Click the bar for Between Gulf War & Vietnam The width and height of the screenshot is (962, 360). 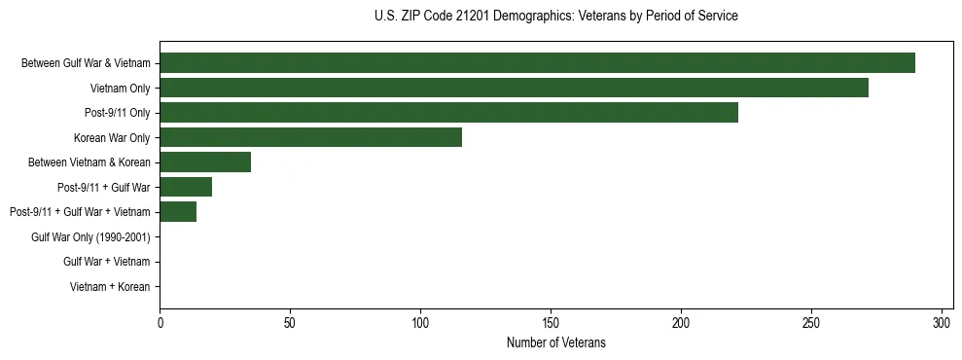point(537,63)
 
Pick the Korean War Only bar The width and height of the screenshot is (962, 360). point(310,137)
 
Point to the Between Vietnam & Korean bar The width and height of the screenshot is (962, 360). point(205,162)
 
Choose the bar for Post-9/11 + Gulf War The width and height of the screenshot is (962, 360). point(186,187)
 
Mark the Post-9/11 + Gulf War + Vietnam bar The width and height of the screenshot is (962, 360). point(178,212)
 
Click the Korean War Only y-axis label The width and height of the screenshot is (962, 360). point(112,137)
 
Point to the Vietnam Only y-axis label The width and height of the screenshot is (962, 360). point(120,88)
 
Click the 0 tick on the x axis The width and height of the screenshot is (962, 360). point(160,322)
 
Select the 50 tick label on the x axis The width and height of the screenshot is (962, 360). point(290,322)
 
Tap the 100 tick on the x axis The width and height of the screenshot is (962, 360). point(420,322)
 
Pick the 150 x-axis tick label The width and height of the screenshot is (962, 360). point(551,322)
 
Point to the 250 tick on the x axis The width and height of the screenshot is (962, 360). point(811,322)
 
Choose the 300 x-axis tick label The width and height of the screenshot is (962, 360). point(942,322)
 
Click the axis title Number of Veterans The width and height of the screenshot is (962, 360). point(556,342)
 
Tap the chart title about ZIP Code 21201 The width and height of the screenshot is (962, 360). point(556,17)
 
